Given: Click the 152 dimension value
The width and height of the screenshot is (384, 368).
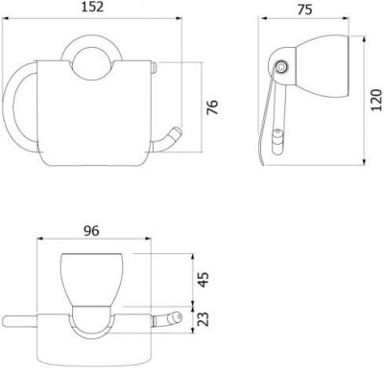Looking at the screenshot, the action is pos(92,7).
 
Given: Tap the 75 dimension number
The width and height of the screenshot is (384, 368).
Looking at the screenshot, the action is pos(304,10).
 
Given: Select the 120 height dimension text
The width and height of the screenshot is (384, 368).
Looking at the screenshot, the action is pos(376,101).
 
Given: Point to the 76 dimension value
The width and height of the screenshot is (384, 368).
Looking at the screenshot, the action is pos(212,107).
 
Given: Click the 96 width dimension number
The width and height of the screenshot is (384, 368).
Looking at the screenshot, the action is pos(91,231).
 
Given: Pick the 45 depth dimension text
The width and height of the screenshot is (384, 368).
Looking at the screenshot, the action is pos(203,280).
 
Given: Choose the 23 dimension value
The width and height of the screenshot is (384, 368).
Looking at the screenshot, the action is pos(203,319).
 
